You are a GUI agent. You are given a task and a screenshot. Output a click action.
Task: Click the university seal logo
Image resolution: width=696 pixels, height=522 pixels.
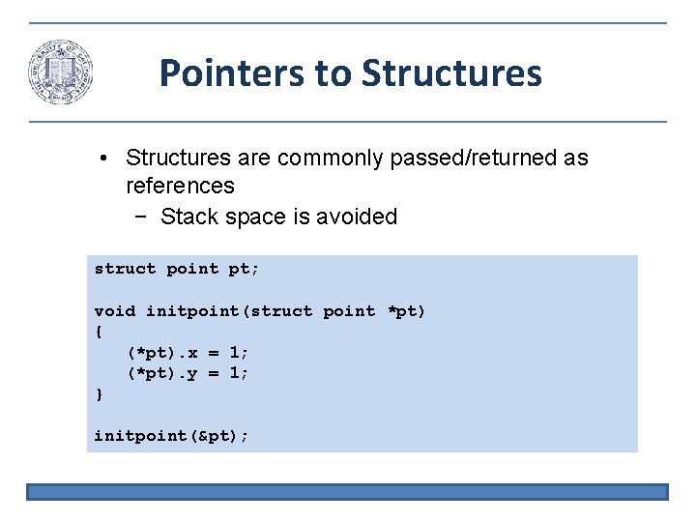[60, 72]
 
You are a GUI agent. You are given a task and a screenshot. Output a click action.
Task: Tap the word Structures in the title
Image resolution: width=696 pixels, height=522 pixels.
[451, 72]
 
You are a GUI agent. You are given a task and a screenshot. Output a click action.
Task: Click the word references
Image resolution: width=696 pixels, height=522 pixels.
[180, 185]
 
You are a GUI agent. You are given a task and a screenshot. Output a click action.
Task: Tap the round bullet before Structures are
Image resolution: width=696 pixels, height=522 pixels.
[113, 159]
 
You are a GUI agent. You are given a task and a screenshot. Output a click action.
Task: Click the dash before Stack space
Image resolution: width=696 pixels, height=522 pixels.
[142, 217]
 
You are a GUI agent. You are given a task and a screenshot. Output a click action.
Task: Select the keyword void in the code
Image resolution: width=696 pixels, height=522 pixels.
[115, 310]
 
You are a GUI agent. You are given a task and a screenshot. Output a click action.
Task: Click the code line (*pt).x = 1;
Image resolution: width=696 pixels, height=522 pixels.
[188, 353]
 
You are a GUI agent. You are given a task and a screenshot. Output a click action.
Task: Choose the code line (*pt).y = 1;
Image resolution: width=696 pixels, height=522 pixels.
[188, 373]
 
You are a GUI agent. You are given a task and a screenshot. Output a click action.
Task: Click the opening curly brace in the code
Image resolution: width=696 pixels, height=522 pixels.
[98, 332]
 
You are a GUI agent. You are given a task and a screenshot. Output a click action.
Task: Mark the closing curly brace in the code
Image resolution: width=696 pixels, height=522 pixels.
[98, 394]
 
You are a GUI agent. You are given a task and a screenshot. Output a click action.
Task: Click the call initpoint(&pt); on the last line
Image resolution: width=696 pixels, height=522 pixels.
[171, 436]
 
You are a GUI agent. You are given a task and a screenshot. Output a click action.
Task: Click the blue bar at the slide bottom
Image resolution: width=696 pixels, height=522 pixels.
[347, 492]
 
